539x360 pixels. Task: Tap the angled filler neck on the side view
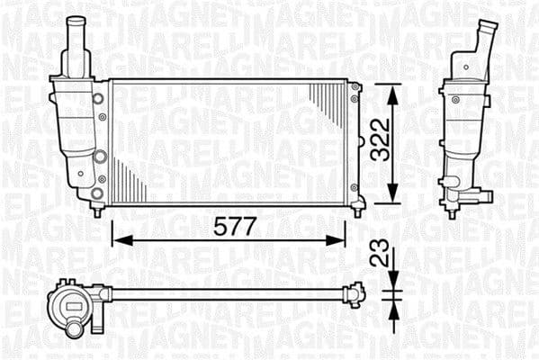click(487, 40)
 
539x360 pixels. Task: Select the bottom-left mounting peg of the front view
click(97, 210)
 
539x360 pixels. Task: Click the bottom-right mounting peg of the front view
click(357, 210)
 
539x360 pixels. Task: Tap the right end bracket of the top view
click(355, 293)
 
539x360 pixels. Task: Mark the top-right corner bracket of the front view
click(355, 88)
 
